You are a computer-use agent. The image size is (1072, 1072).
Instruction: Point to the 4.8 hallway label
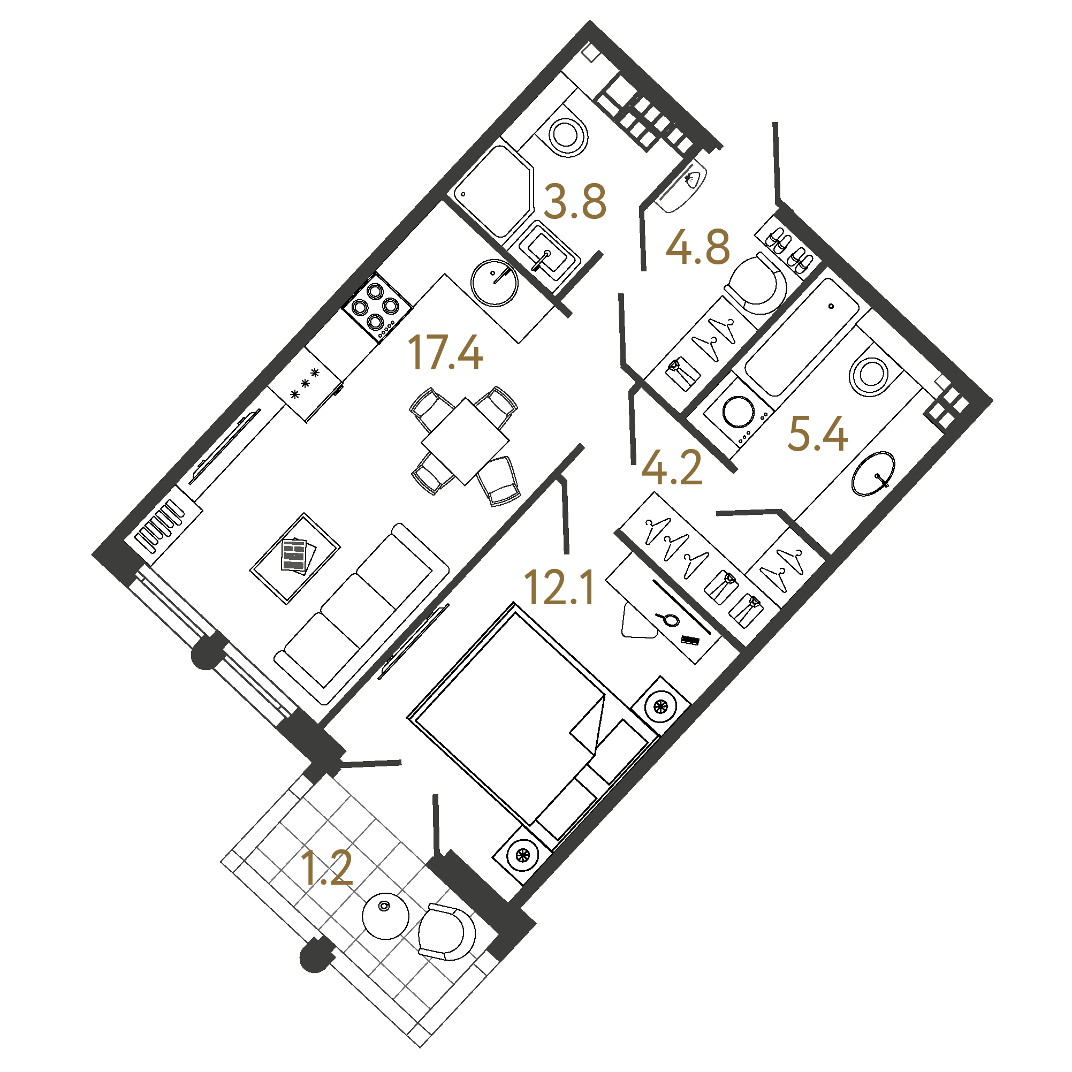(x=697, y=247)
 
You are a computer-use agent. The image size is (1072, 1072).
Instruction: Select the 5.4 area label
(x=817, y=434)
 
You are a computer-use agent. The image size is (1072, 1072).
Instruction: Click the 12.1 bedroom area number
(x=559, y=587)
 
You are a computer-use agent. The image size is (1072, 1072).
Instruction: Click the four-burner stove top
(x=377, y=307)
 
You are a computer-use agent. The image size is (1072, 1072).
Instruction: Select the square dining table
(x=465, y=441)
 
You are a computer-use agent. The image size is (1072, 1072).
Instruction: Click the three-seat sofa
(x=362, y=614)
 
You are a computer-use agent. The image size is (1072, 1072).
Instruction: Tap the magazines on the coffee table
(x=298, y=557)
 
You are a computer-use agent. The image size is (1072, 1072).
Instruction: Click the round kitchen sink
(x=494, y=283)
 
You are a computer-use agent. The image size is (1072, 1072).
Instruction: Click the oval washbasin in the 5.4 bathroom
(x=873, y=473)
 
